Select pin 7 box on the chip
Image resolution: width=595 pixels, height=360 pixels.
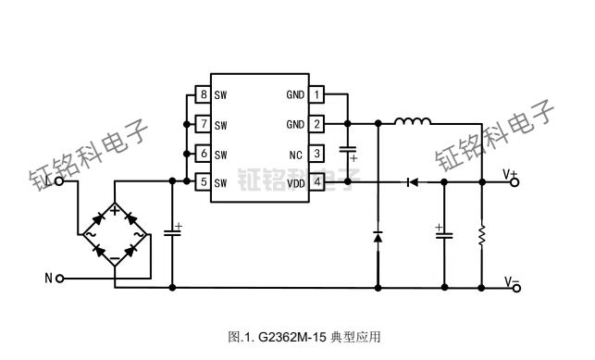coord(203,124)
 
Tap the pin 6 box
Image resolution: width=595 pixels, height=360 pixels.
coord(203,154)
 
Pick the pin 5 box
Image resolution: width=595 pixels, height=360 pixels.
coord(203,182)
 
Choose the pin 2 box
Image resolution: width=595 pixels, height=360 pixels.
coord(316,124)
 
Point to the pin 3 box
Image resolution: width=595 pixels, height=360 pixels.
coord(316,154)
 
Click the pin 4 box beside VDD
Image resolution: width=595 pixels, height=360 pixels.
coord(316,182)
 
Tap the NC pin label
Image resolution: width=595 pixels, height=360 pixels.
coord(295,154)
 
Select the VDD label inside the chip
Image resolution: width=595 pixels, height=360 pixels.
coord(295,183)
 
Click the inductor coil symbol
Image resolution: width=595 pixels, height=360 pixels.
coord(413,121)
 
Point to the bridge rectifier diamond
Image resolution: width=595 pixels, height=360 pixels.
coord(115,235)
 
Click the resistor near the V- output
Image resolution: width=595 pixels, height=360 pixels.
coord(482,236)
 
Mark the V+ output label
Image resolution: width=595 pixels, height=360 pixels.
coord(511,173)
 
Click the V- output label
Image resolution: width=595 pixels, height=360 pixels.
coord(511,280)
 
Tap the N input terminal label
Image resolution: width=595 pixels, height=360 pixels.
coord(48,278)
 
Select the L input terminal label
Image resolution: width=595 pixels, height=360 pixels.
coord(48,181)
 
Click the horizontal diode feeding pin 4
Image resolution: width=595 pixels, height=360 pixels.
coord(410,182)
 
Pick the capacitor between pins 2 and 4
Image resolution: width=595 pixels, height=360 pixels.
coord(348,152)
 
